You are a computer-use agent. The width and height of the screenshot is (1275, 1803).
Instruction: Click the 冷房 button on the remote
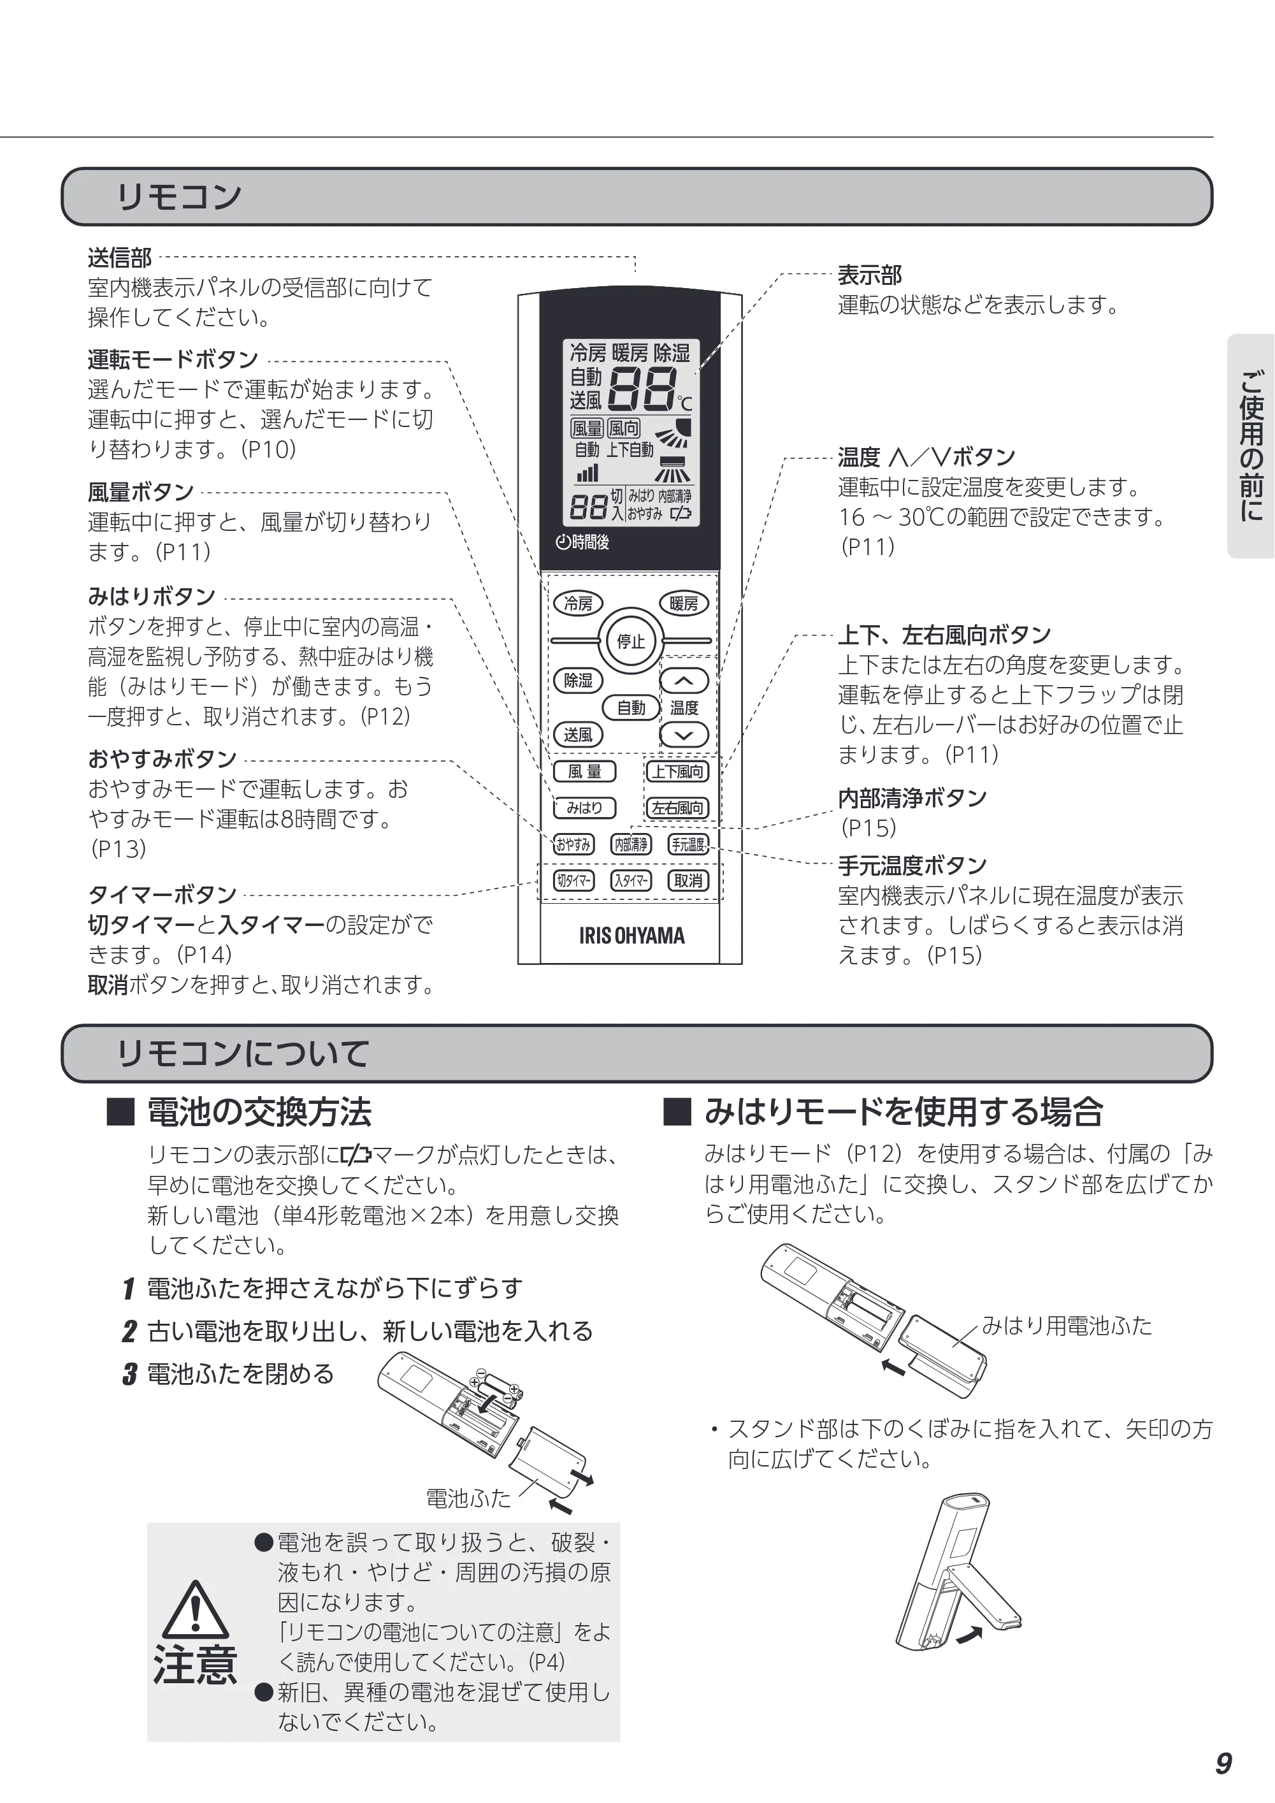tap(579, 603)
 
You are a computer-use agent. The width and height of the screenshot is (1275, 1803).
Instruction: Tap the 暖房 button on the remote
tap(684, 603)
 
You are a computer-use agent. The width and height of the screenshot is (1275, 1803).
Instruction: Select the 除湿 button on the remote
tap(579, 680)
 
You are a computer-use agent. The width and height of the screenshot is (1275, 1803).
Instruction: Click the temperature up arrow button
tap(684, 681)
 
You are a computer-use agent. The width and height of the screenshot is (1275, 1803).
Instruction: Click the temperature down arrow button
tap(684, 735)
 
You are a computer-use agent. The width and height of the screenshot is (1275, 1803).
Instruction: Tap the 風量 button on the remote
tap(585, 772)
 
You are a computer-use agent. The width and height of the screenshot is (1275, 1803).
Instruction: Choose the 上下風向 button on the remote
tap(677, 772)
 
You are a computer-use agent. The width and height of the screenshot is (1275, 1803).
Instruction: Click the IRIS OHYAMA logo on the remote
tap(632, 935)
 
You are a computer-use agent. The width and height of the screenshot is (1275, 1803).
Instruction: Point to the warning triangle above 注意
tap(196, 1609)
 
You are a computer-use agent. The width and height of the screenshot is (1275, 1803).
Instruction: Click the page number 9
tap(1223, 1763)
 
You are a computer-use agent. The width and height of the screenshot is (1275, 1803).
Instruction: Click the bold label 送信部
tap(119, 257)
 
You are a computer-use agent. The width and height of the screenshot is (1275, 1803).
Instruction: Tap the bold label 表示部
tap(870, 275)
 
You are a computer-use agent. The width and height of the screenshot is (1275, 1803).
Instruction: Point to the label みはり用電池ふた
tap(1067, 1326)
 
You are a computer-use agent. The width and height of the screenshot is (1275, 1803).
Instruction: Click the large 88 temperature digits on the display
tap(642, 389)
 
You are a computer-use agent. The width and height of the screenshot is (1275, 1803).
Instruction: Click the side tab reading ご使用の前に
tap(1251, 446)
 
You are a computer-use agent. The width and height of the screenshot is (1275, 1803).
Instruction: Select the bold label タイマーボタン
tap(162, 894)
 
